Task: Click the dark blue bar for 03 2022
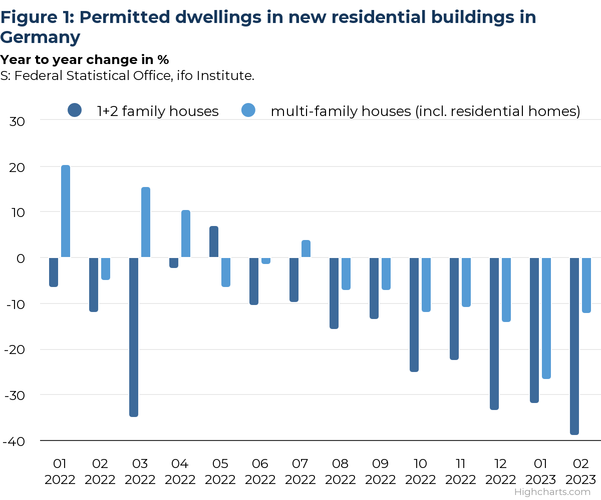[x=134, y=337]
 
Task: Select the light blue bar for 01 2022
[x=66, y=211]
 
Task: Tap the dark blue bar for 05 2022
[x=214, y=242]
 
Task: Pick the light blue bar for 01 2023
[x=546, y=318]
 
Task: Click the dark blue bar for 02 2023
[x=574, y=346]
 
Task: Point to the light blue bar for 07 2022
[x=306, y=249]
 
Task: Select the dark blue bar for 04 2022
[x=174, y=262]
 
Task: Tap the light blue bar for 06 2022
[x=266, y=260]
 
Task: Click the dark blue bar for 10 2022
[x=414, y=314]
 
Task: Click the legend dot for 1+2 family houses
[x=74, y=110]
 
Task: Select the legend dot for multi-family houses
[x=248, y=110]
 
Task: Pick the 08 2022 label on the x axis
[x=341, y=471]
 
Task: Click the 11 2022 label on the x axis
[x=461, y=471]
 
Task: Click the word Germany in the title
[x=40, y=37]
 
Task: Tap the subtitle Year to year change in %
[x=84, y=59]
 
